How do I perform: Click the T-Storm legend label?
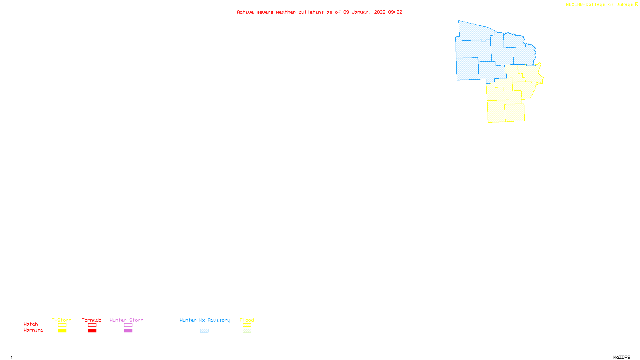tap(62, 320)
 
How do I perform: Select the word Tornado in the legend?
tap(92, 320)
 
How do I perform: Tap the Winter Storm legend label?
tap(126, 320)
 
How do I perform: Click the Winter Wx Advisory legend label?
tap(205, 320)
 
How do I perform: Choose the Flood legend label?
tap(247, 320)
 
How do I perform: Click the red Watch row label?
tap(31, 324)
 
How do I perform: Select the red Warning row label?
tap(34, 330)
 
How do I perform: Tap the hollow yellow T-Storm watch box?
tap(62, 325)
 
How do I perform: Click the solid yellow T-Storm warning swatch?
tap(62, 331)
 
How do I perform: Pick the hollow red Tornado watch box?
tap(92, 325)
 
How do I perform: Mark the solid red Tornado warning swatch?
tap(92, 331)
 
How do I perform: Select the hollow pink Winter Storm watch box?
tap(128, 325)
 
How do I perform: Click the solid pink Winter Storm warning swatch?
tap(128, 331)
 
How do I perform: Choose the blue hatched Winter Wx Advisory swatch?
tap(204, 331)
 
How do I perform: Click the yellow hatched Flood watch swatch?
tap(247, 325)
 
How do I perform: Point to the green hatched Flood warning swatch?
tap(247, 331)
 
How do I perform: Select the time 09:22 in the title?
tap(395, 12)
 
